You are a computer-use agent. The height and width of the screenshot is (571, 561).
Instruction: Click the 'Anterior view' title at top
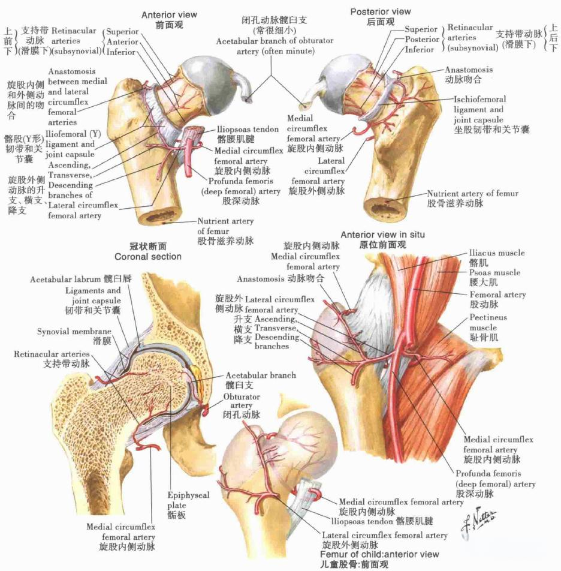pyautogui.click(x=169, y=14)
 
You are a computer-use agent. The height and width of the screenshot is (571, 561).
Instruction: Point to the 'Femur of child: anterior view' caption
pyautogui.click(x=379, y=554)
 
